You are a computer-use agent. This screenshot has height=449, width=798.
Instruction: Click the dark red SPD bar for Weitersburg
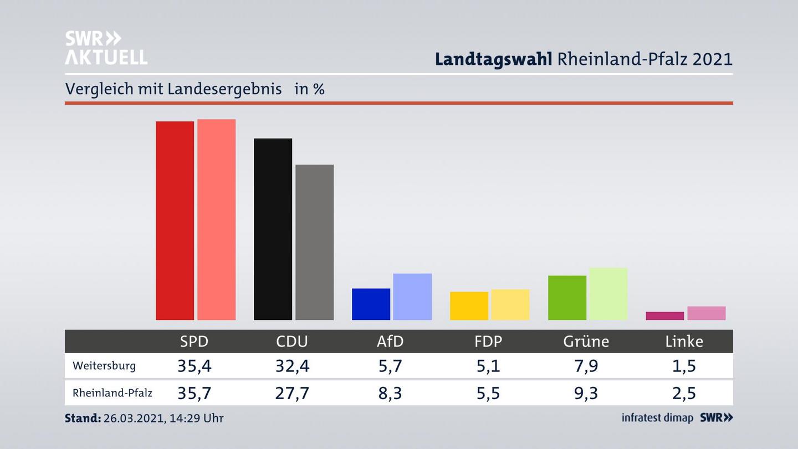(175, 221)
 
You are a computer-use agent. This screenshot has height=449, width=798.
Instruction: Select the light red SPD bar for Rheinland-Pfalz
(216, 220)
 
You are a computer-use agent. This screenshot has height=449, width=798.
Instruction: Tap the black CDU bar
(273, 229)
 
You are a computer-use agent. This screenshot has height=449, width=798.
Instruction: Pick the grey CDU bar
(314, 242)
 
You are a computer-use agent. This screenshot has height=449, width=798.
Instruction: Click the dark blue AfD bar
(371, 304)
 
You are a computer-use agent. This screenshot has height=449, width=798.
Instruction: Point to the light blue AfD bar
(412, 297)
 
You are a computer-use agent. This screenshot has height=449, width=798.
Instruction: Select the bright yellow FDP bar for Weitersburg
(469, 306)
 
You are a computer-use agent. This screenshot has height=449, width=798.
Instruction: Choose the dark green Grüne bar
(567, 298)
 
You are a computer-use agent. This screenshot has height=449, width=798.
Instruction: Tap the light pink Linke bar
(706, 313)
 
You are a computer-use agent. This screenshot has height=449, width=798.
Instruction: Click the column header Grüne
(586, 341)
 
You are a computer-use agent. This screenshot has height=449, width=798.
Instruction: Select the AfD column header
(390, 341)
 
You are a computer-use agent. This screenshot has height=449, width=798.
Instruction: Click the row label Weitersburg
(104, 366)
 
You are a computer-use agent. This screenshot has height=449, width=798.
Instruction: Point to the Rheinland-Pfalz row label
(112, 393)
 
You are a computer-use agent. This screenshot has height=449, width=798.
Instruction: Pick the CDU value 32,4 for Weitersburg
(292, 366)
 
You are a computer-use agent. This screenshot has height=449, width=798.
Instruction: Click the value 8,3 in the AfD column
(390, 393)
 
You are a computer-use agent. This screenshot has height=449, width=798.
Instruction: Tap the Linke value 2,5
(684, 393)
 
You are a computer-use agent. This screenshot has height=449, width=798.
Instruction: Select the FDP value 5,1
(488, 366)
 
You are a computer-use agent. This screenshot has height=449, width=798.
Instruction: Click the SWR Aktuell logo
(106, 48)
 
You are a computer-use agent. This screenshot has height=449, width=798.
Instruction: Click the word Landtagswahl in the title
(493, 59)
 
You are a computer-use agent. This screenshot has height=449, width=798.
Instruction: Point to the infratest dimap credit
(657, 418)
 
